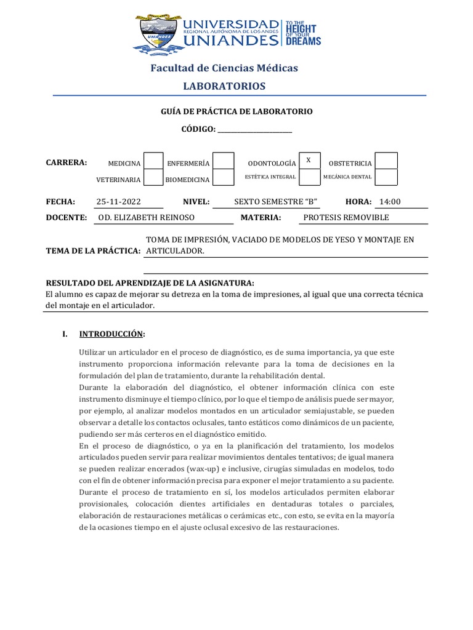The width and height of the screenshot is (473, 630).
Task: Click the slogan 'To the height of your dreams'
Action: coord(302,33)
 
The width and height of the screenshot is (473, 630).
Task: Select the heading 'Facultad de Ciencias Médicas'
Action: coord(224,68)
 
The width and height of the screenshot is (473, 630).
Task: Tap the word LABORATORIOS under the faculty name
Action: coord(224,86)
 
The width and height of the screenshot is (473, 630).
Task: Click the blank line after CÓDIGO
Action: coord(255,129)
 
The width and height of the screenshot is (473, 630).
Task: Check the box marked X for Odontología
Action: coord(309,161)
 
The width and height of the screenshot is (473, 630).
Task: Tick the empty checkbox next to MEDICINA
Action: coord(153,161)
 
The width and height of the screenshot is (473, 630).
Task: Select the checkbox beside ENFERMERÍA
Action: coord(224,161)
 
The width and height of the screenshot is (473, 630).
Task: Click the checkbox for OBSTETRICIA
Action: coord(386,161)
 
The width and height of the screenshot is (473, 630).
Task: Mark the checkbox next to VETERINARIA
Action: coord(153,178)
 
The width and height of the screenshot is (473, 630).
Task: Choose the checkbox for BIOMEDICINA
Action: coord(224,178)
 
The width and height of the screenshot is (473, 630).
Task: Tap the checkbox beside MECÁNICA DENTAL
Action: coord(386,177)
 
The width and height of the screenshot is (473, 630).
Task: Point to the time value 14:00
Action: coord(390,202)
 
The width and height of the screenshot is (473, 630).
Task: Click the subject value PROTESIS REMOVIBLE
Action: coord(346,218)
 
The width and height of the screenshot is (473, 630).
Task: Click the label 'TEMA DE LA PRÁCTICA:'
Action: coord(94,251)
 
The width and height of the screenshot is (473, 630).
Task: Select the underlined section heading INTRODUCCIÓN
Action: coord(111,334)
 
